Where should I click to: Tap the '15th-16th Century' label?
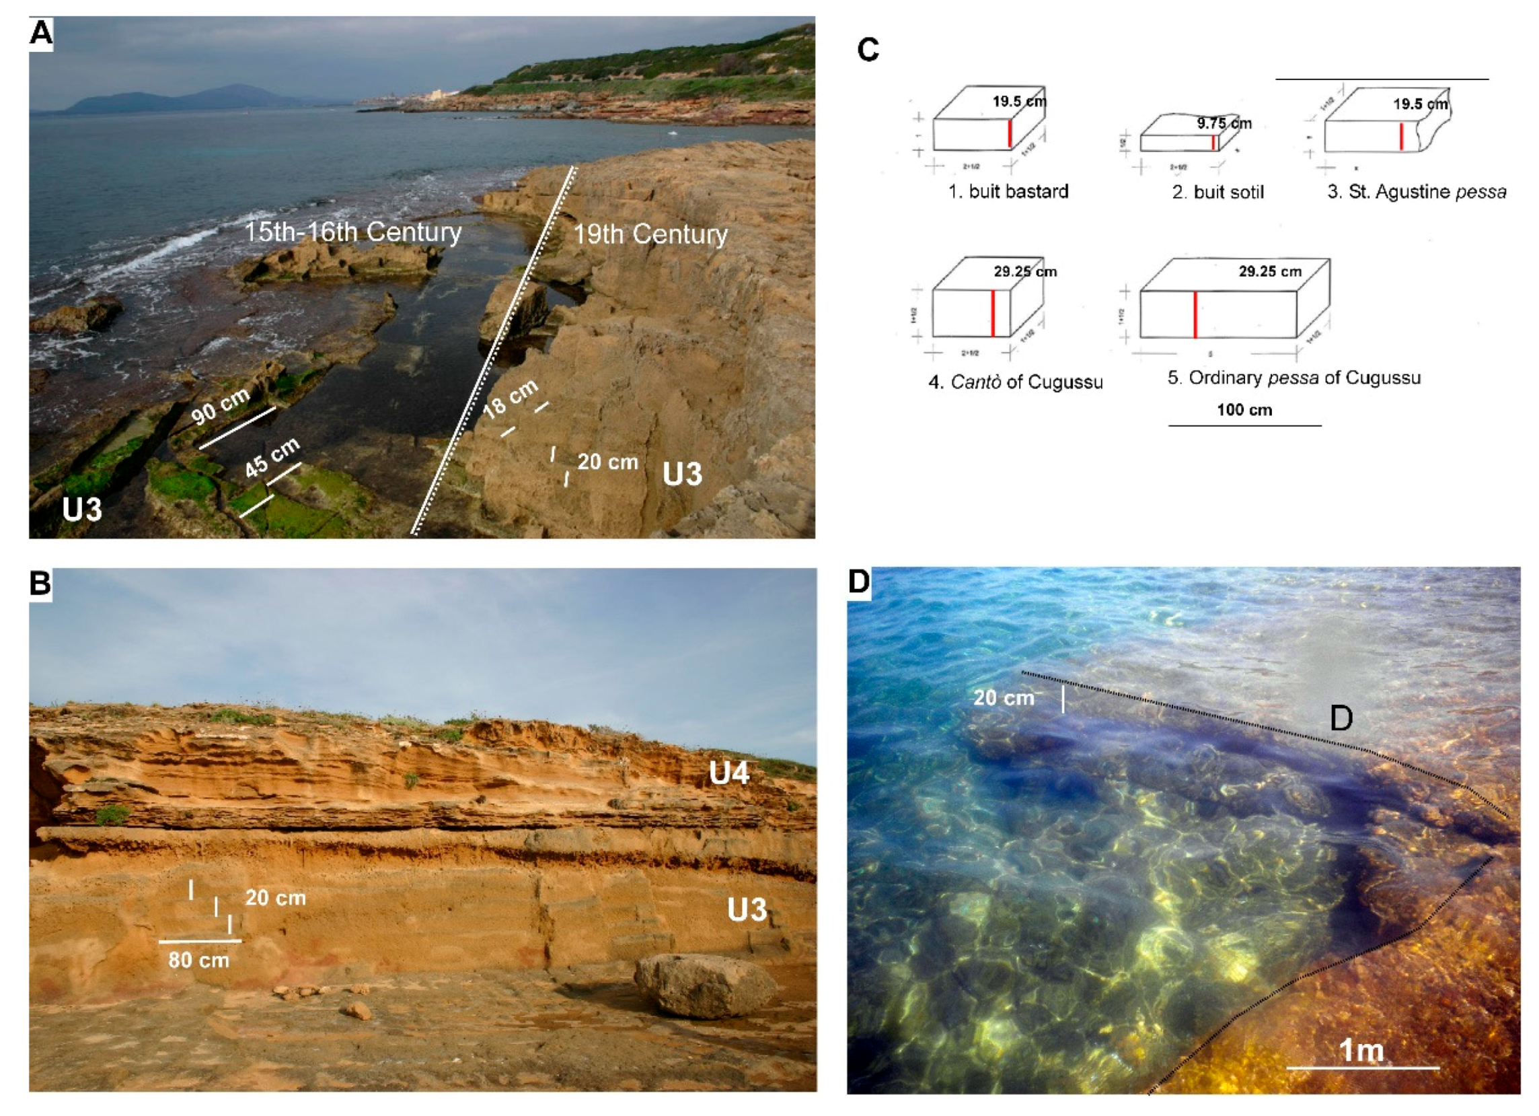[x=352, y=232]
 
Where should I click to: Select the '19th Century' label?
[x=650, y=235]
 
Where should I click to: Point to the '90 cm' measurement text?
[x=220, y=407]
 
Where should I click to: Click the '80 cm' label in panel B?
[x=198, y=960]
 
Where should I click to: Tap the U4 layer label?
[x=728, y=773]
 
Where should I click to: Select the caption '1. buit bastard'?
[x=1008, y=191]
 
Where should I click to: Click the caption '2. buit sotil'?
[x=1217, y=192]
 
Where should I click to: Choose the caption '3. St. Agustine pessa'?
[x=1416, y=192]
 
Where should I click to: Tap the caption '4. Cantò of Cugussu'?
[x=1015, y=382]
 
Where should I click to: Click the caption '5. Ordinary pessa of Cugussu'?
[x=1293, y=378]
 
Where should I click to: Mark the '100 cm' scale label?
[x=1244, y=410]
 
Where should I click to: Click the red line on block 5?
[x=1195, y=314]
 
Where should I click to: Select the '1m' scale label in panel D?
[x=1361, y=1050]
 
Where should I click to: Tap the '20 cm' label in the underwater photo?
[x=1003, y=697]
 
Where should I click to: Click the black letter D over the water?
[x=1340, y=718]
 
